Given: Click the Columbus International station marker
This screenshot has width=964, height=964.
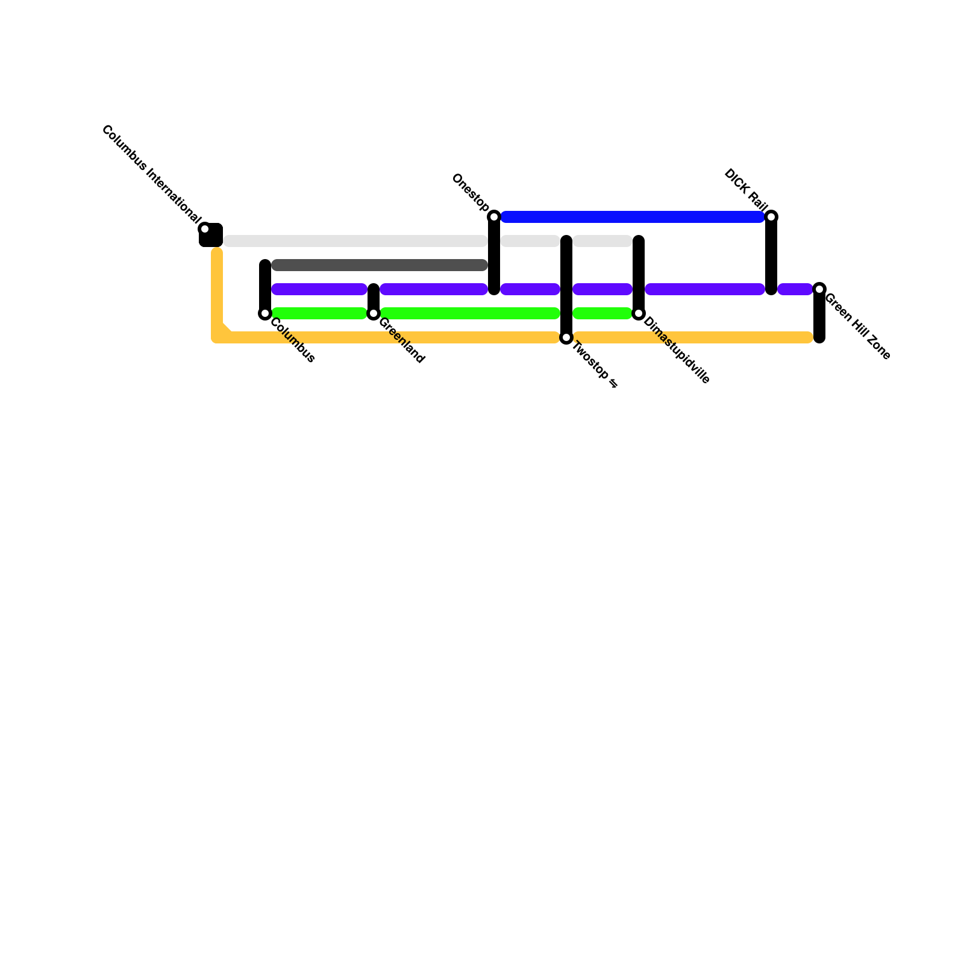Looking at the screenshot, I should (x=205, y=229).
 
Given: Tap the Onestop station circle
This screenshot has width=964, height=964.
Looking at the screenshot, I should (x=494, y=217).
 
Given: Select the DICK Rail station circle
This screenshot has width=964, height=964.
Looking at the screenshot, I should (x=771, y=217).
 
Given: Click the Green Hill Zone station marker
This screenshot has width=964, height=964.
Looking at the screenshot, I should (x=819, y=289).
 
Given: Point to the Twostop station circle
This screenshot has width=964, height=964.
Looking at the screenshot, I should (x=566, y=338).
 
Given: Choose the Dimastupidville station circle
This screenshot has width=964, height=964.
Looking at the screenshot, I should (x=639, y=313).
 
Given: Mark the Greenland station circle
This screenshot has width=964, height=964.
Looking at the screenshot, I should (x=374, y=313).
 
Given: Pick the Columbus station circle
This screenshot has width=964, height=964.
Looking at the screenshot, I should (x=265, y=313).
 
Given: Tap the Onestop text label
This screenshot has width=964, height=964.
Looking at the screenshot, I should (x=470, y=192).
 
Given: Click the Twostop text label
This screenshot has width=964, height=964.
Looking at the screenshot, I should (x=593, y=364).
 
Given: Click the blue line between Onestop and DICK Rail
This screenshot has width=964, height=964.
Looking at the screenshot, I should (x=633, y=217).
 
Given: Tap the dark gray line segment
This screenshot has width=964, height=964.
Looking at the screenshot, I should (x=380, y=265).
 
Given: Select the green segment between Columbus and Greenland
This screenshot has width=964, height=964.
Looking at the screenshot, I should (x=319, y=313).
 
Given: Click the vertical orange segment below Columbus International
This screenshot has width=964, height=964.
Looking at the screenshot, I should (x=217, y=289).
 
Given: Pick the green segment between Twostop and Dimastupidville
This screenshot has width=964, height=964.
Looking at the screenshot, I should (x=602, y=313).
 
